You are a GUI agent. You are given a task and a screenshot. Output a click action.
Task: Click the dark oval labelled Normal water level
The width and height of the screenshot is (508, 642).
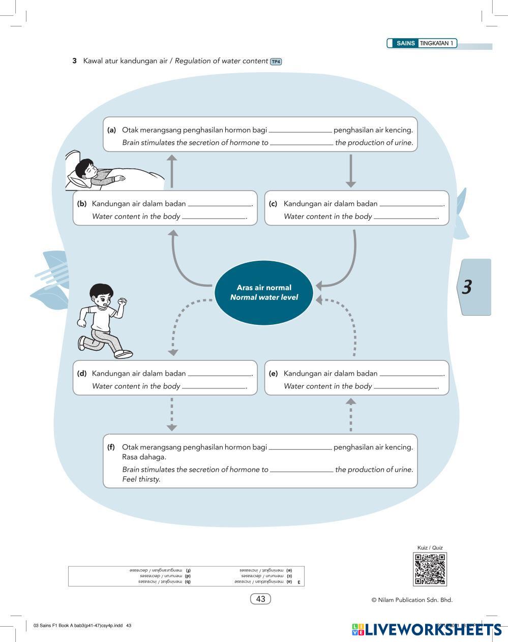264,293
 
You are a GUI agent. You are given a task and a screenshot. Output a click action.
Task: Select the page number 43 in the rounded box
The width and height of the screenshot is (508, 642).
260,599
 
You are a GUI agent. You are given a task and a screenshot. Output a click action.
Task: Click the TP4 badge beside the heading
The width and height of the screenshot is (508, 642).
276,62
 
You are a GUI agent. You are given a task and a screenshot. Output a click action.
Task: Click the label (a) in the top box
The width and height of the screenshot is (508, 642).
112,130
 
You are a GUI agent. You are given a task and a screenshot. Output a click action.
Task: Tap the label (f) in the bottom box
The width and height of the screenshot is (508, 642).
111,447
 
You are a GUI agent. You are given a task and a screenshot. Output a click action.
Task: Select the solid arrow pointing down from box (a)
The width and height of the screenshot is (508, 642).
350,171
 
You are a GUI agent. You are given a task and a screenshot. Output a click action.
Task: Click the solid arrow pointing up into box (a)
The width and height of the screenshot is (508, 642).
172,171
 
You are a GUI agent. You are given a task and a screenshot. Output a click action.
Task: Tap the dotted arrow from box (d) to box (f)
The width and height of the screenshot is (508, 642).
172,414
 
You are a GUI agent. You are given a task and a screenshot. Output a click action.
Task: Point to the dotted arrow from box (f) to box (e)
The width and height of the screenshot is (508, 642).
350,415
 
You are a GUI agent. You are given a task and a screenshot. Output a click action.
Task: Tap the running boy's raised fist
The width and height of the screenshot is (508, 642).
122,301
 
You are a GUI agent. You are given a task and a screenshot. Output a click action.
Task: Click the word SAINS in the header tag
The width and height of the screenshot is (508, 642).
406,43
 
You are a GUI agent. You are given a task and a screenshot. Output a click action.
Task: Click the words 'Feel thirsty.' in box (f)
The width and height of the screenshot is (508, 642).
141,479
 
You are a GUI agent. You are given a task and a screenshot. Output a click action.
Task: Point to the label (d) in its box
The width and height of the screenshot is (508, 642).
82,373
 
